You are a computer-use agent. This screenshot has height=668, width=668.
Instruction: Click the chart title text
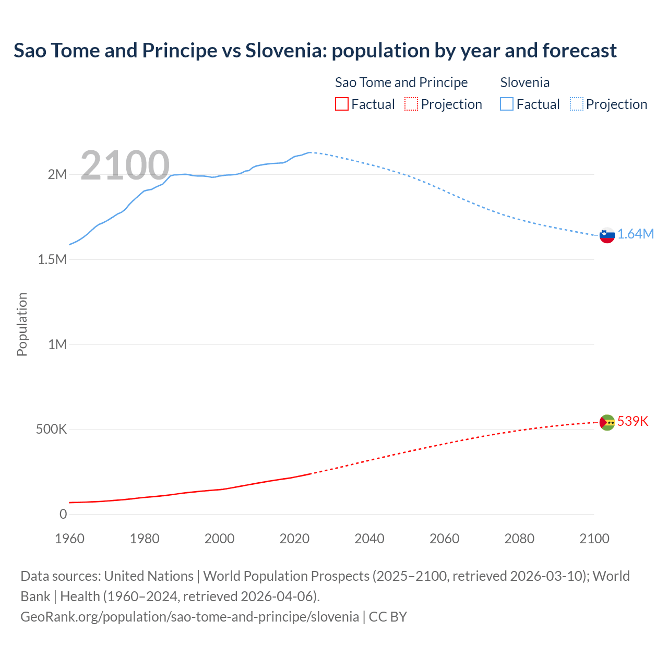pos(315,51)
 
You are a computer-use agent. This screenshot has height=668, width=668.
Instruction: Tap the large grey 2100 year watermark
pos(125,165)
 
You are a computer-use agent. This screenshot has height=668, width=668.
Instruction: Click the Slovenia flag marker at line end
pos(607,235)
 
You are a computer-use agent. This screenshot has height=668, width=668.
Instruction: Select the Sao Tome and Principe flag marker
pos(607,422)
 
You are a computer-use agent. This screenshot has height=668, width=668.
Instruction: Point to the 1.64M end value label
pos(636,234)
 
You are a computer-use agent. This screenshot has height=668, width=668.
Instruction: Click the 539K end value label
pos(633,421)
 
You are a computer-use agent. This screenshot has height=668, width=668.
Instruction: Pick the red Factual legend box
pos(341,104)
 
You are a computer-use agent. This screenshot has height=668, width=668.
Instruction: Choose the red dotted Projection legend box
pos(411,104)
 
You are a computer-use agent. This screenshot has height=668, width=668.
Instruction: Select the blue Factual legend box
pos(507,104)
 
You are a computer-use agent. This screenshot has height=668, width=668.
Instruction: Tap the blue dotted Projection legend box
pos(577,104)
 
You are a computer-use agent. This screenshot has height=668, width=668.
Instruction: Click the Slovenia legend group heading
pos(524,82)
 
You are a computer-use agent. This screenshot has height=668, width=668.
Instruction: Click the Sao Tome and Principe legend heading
pos(401,82)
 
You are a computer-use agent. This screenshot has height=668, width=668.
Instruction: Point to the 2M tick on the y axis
pos(57,174)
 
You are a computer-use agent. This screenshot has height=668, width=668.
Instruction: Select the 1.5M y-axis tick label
pos(52,259)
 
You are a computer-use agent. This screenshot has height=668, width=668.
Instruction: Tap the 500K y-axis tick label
pos(51,430)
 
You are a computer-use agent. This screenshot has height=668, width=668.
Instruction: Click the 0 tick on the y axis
pos(63,515)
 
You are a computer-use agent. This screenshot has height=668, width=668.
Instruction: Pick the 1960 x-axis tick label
pos(69,539)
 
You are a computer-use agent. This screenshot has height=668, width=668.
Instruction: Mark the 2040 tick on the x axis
pos(369,539)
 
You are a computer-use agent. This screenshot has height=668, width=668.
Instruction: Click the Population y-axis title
pos(22,324)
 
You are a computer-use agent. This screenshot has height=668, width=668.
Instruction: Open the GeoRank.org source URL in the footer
pos(189,617)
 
